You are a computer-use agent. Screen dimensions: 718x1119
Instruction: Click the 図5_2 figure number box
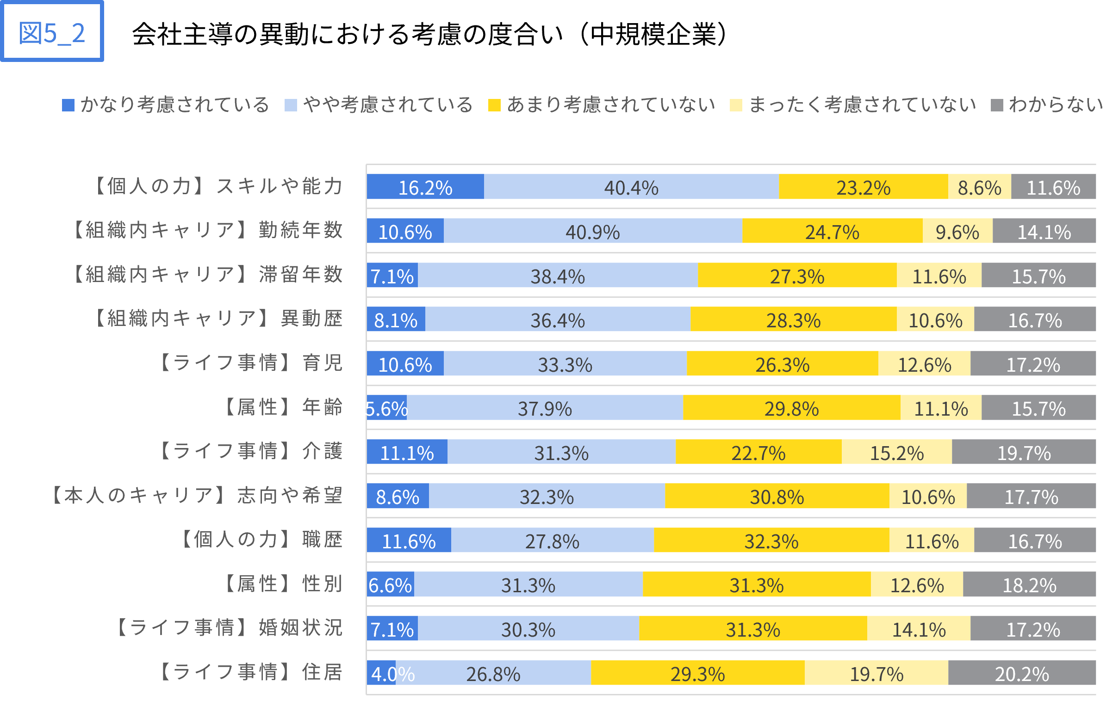point(52,32)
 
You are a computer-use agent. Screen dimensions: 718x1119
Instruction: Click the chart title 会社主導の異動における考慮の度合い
point(429,34)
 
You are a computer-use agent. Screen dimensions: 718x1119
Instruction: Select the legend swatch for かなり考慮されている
point(68,105)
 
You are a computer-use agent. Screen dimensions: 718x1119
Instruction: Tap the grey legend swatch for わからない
point(997,105)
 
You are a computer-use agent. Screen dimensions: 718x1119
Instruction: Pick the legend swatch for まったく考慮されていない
point(736,105)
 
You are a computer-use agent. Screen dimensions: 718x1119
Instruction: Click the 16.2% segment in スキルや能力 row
point(425,187)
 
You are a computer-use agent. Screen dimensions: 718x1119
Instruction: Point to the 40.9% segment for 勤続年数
point(593,231)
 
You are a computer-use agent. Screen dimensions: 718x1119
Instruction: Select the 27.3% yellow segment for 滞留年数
point(797,275)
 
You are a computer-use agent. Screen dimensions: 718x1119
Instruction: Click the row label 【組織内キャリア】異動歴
point(218,319)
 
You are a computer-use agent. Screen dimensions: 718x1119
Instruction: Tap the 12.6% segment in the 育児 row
point(924,363)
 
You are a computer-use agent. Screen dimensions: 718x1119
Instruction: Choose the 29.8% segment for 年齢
point(791,407)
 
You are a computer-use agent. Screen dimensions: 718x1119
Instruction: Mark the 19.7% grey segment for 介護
point(1024,452)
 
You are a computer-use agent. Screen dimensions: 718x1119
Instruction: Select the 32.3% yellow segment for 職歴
point(771,540)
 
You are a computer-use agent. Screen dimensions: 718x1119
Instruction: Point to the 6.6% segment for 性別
point(390,584)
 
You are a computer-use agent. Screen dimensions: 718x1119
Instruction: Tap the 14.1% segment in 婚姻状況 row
point(918,628)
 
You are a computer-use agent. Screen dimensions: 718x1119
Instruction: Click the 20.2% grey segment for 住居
point(1022,673)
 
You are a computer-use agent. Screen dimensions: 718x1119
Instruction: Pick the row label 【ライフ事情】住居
point(250,672)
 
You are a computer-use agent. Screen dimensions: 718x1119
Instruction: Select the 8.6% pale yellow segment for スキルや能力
point(980,187)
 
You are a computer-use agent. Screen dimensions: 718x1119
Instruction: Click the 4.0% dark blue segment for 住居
point(381,673)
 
